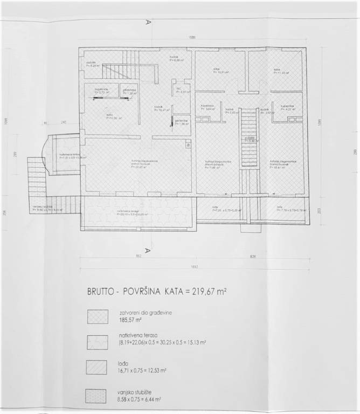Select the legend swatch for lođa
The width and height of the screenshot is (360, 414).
pyautogui.click(x=99, y=367)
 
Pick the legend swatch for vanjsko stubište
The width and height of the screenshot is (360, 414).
pyautogui.click(x=99, y=395)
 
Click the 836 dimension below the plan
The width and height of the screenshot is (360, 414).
pyautogui.click(x=253, y=256)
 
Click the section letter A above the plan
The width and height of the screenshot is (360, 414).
pyautogui.click(x=147, y=23)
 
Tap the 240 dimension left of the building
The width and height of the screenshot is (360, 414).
pyautogui.click(x=63, y=123)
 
